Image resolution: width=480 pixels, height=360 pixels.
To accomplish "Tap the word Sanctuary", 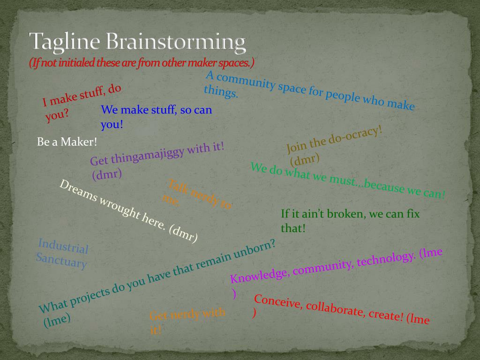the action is (x=61, y=260).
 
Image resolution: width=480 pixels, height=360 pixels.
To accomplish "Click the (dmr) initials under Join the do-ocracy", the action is (x=305, y=159).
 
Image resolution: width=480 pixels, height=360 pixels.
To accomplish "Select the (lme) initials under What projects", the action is (x=57, y=320).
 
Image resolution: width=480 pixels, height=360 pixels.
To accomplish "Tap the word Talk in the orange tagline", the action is (x=178, y=187).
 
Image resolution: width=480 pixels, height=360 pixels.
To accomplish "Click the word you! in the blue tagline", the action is (x=112, y=125).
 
